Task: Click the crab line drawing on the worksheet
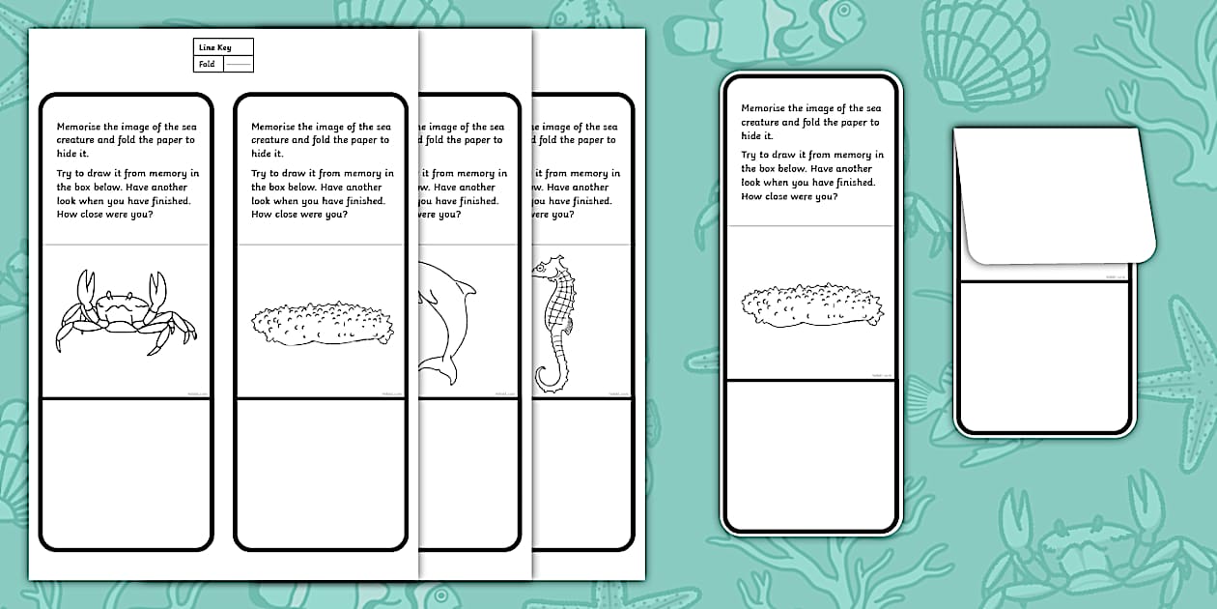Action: coord(126,313)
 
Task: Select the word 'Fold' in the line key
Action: coord(207,65)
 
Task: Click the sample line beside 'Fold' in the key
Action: coord(238,65)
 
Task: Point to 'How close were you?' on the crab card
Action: coord(105,215)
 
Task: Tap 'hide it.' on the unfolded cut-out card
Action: coord(756,136)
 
